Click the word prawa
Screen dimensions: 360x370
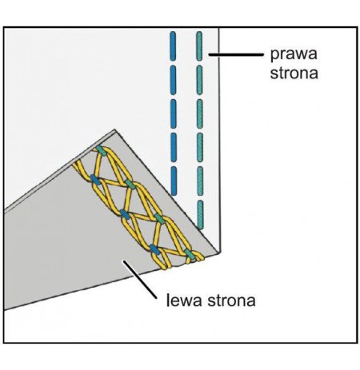(x=294, y=54)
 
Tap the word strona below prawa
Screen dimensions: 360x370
(x=294, y=73)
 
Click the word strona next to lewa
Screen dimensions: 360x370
(x=231, y=300)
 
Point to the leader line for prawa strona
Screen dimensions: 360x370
(x=236, y=54)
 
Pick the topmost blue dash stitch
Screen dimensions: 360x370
(x=173, y=46)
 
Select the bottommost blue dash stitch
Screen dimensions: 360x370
(x=174, y=181)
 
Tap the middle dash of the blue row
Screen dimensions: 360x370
(x=173, y=113)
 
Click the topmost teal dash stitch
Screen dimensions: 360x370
(x=199, y=46)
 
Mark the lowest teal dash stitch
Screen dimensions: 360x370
(x=200, y=215)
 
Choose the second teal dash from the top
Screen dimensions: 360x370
(x=199, y=79)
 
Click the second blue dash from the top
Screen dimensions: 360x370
(x=173, y=79)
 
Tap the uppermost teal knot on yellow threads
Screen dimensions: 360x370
(x=101, y=151)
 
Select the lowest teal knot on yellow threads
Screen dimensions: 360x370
(x=189, y=254)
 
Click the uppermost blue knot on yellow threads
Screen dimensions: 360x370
(x=95, y=179)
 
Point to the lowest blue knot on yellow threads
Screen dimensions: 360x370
(x=154, y=249)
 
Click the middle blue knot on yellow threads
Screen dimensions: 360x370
(x=125, y=214)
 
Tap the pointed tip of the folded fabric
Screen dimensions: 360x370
(x=114, y=129)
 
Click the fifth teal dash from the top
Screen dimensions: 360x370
(x=200, y=181)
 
